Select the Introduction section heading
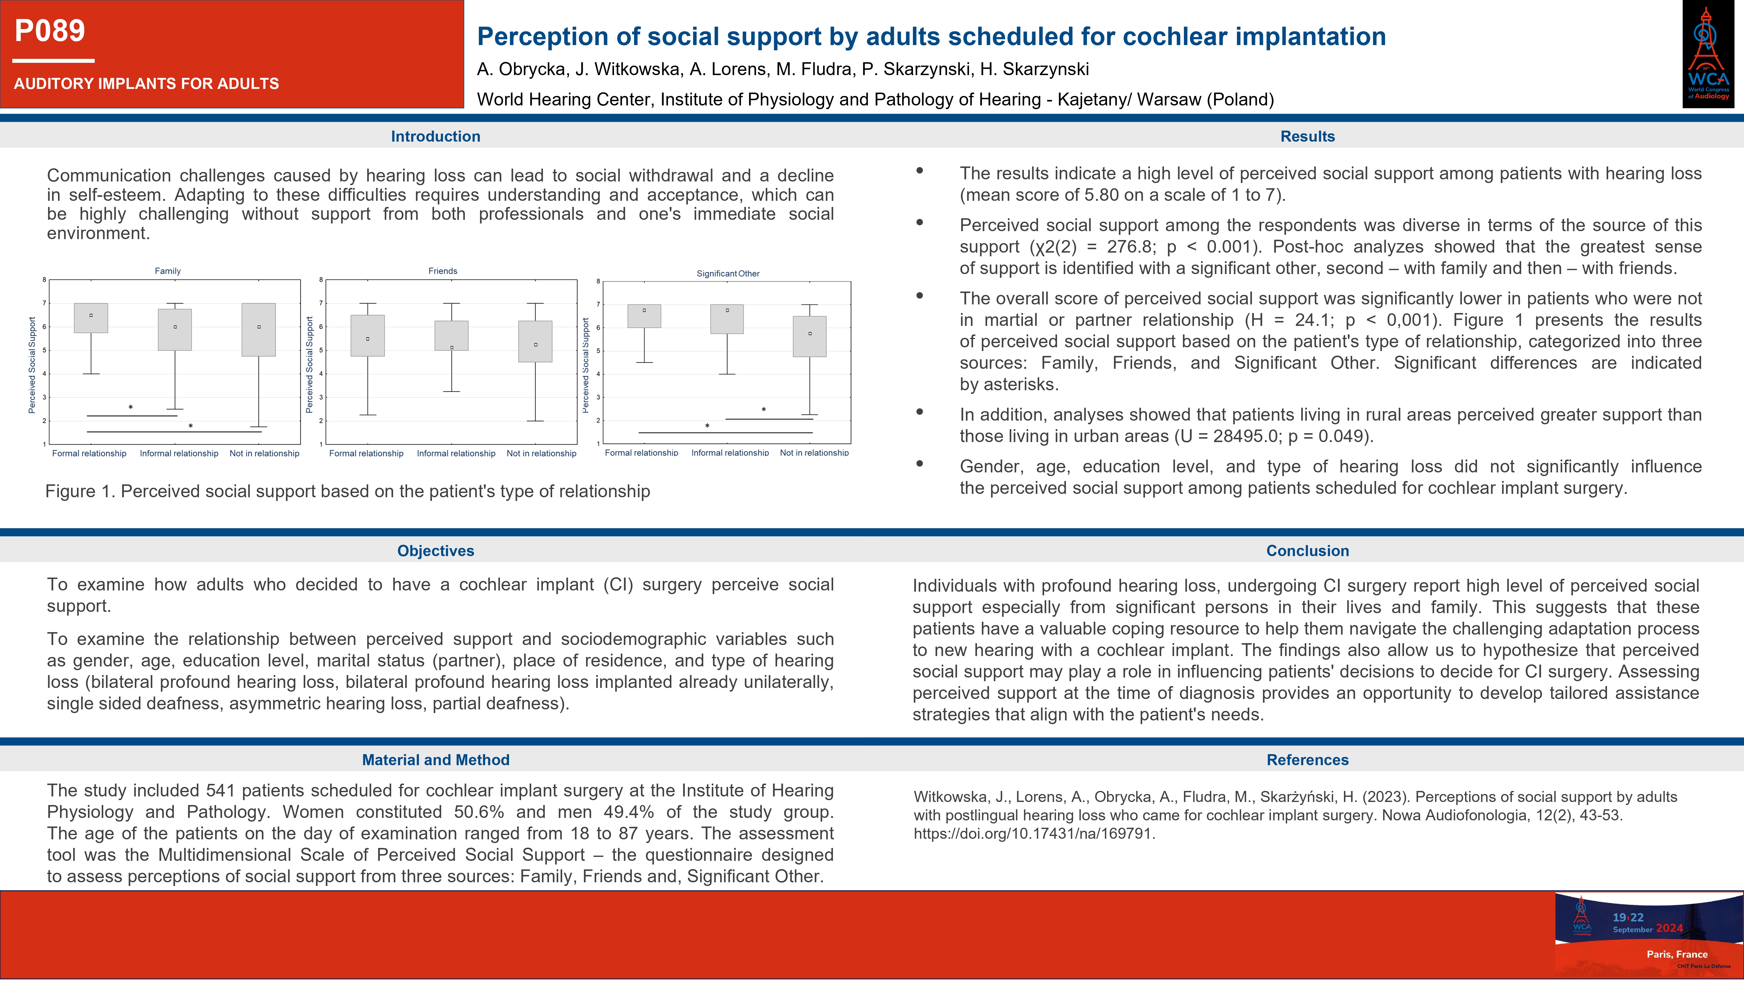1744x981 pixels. click(x=435, y=136)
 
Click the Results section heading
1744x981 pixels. click(x=1307, y=136)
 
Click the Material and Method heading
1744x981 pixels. click(x=435, y=760)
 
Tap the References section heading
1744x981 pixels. click(x=1307, y=760)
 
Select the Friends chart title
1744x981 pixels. click(x=443, y=271)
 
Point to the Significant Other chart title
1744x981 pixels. click(x=728, y=273)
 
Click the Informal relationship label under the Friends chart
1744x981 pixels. click(x=456, y=454)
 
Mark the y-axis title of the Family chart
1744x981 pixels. click(x=32, y=365)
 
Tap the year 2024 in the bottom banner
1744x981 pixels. click(x=1670, y=928)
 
